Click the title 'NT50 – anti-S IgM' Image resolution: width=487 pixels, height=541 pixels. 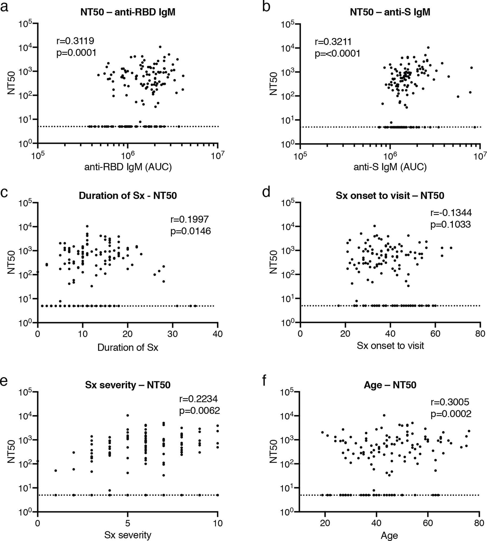pos(390,12)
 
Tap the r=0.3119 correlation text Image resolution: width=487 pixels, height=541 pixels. pos(75,41)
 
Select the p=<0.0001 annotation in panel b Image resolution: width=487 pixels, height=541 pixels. pos(337,54)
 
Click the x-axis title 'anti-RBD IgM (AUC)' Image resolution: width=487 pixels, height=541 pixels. pos(128,167)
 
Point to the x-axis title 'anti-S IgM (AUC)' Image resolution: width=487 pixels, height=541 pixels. pos(390,167)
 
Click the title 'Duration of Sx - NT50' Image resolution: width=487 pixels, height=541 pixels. pos(128,196)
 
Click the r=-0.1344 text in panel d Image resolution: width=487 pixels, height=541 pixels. pos(451,213)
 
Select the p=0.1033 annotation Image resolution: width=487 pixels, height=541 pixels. pos(450,224)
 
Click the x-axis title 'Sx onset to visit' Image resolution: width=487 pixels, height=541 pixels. pos(390,346)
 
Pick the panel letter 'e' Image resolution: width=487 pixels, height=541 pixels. pos(4,381)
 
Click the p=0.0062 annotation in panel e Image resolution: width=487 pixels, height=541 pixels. pos(199,411)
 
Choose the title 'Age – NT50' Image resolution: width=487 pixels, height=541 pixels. pos(390,385)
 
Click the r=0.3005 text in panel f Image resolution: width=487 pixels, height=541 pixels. pos(450,402)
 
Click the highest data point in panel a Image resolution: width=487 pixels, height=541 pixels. pos(160,47)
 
